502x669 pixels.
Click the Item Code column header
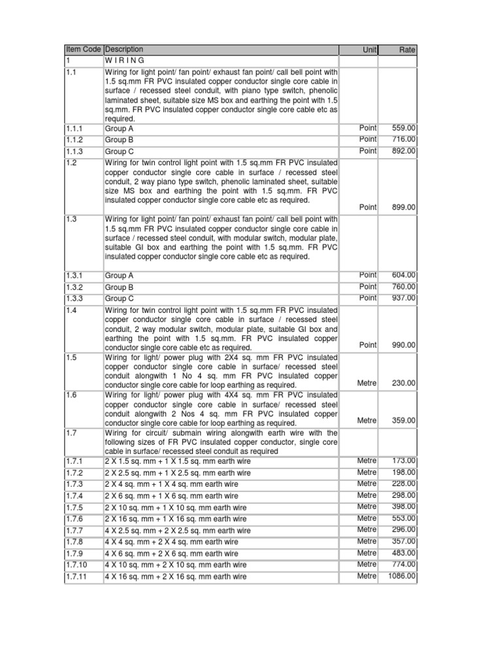tap(82, 50)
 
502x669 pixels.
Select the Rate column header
tap(407, 50)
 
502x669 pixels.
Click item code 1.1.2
tap(75, 140)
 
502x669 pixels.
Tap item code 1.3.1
tap(75, 276)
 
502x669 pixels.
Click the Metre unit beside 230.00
tap(367, 383)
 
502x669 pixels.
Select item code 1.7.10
tap(77, 564)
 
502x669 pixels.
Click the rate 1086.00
tap(401, 576)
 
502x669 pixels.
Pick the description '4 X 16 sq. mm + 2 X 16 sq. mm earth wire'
tap(176, 577)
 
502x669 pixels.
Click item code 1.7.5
tap(75, 508)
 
